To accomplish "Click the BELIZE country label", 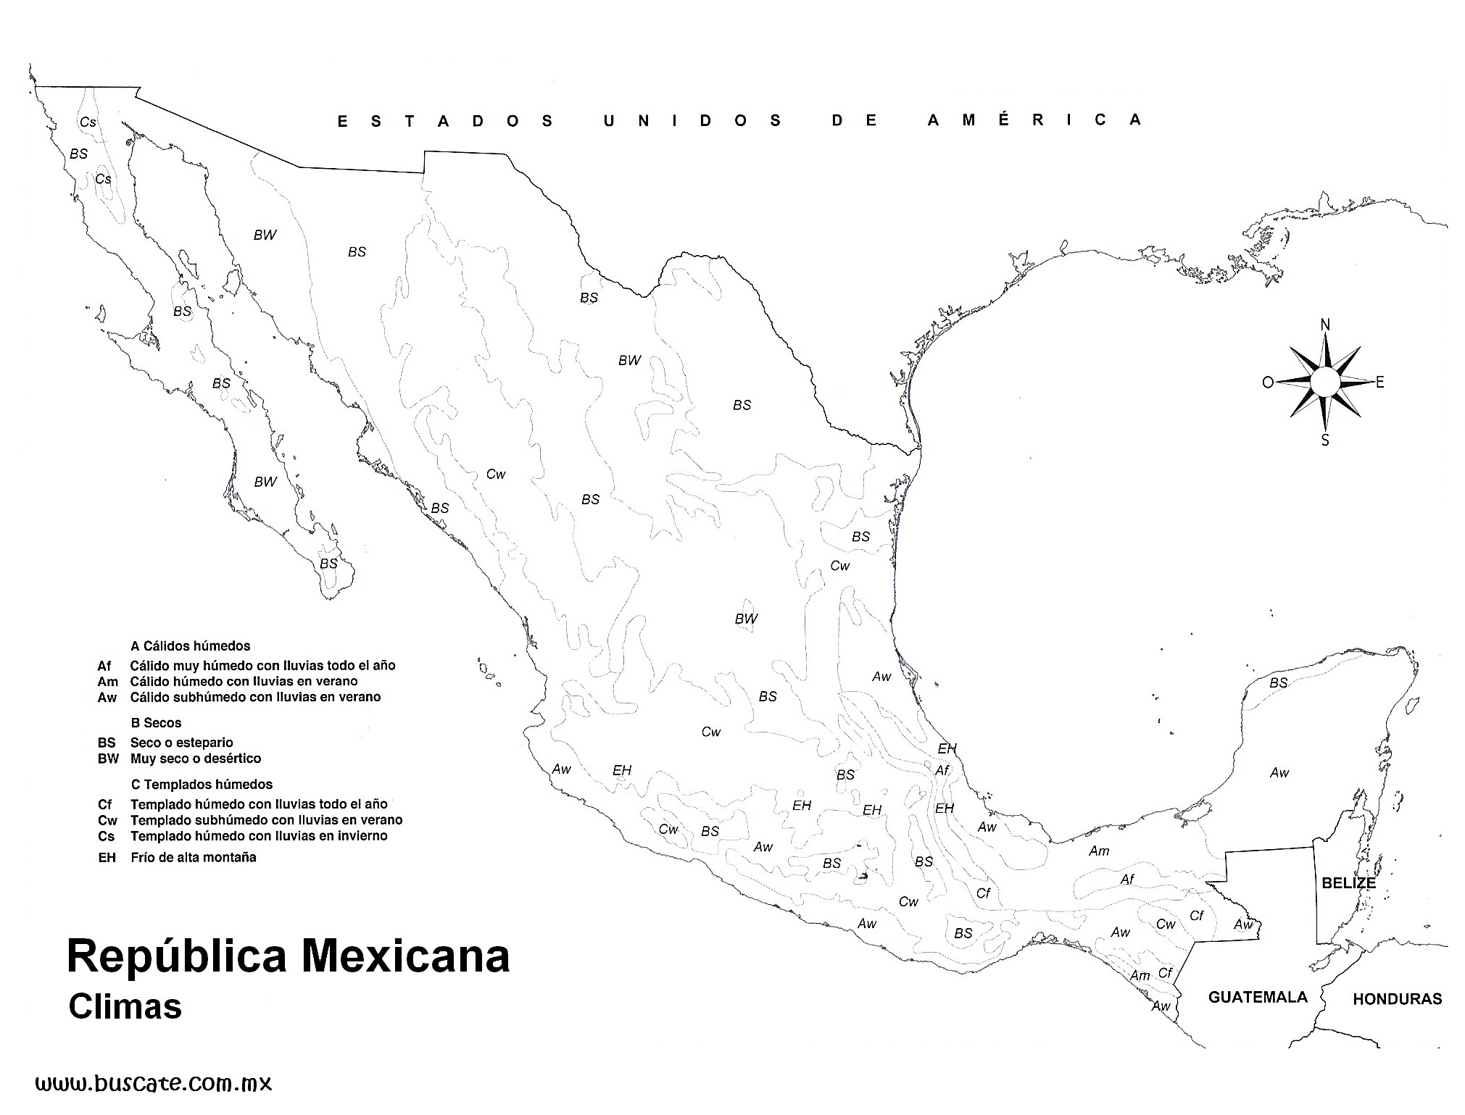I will point(1348,883).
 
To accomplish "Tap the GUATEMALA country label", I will point(1258,997).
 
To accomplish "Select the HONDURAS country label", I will point(1397,999).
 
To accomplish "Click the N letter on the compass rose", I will point(1325,324).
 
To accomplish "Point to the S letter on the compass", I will point(1325,440).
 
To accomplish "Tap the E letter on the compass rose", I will point(1379,382).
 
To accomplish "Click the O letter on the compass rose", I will point(1268,383).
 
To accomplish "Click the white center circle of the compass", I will point(1324,382).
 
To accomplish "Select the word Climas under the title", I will point(125,1007).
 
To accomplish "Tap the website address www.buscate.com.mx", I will point(154,1084).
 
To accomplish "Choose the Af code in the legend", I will point(105,665).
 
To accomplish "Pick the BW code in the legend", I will point(107,759).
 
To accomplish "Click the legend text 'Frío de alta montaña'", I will point(193,857).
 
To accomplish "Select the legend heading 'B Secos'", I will point(156,722).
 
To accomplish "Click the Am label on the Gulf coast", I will point(1099,851).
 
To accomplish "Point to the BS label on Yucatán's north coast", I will point(1278,682).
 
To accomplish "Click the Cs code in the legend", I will point(106,836).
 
